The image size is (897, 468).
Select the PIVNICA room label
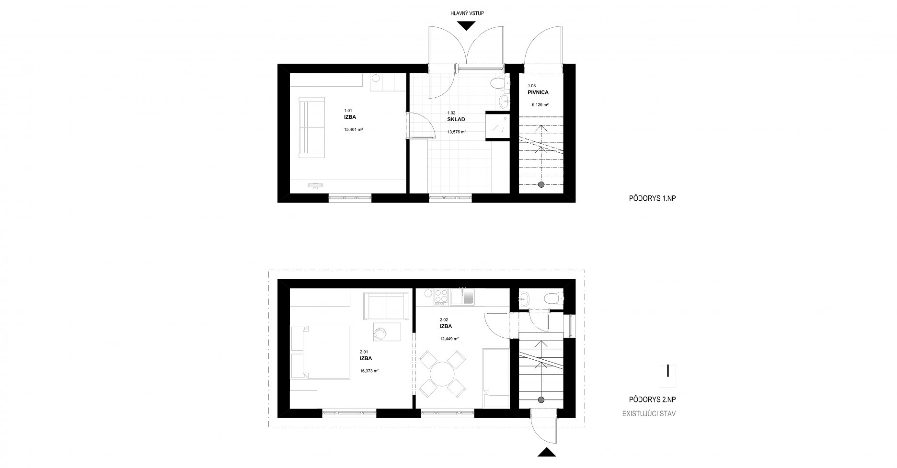538,92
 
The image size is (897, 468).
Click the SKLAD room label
456,119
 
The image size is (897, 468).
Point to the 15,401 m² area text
353,129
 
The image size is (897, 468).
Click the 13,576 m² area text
457,132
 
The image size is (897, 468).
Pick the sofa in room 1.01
312,127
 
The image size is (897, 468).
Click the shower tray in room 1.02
498,125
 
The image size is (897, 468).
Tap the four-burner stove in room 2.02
440,297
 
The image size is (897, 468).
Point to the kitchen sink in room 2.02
462,297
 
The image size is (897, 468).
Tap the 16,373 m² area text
369,370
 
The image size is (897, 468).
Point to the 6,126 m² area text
540,104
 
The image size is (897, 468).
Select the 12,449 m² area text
449,339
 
